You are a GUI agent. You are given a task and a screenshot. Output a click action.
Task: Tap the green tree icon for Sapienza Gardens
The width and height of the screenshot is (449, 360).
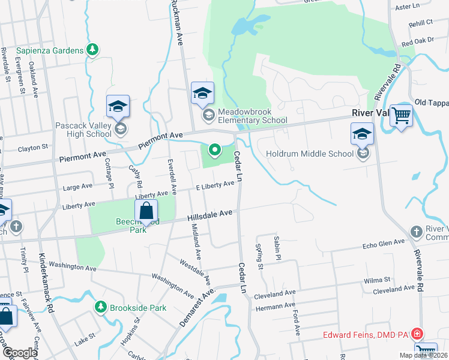click(92, 50)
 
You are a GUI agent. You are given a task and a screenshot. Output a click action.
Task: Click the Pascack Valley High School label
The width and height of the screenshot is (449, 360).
click(83, 130)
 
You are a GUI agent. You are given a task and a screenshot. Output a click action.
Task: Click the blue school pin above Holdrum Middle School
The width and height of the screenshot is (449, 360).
click(363, 135)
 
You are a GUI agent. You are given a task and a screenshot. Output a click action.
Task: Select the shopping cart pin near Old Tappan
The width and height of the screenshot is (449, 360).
click(401, 115)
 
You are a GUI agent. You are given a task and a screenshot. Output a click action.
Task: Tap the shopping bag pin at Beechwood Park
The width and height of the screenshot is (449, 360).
click(146, 211)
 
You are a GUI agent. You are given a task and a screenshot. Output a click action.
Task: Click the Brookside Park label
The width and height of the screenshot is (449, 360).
click(136, 308)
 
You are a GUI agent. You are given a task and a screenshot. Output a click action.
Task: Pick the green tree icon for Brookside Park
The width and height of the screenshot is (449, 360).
click(101, 308)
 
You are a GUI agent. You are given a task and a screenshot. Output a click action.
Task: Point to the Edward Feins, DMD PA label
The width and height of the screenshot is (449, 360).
click(367, 334)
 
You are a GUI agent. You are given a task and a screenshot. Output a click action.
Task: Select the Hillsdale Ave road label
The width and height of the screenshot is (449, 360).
click(209, 214)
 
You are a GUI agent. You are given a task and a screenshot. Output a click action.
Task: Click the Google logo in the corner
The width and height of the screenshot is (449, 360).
click(19, 352)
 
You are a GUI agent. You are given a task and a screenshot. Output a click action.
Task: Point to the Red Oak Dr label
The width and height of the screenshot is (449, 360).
click(417, 43)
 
